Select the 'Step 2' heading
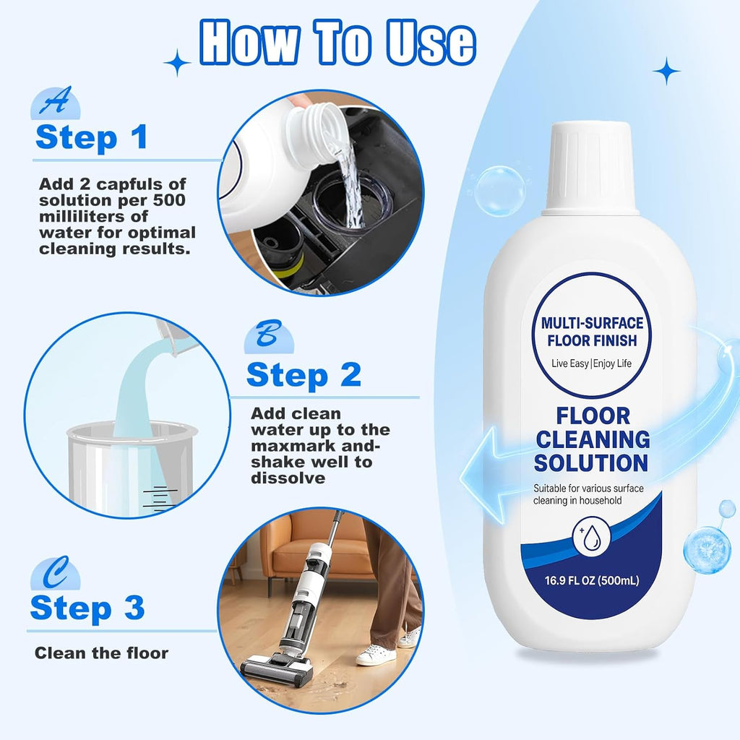304,374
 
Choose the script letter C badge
55,572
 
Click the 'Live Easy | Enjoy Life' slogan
591,363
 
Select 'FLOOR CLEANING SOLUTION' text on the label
591,439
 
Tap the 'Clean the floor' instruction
102,653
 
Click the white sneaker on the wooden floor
377,654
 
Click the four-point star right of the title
666,72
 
